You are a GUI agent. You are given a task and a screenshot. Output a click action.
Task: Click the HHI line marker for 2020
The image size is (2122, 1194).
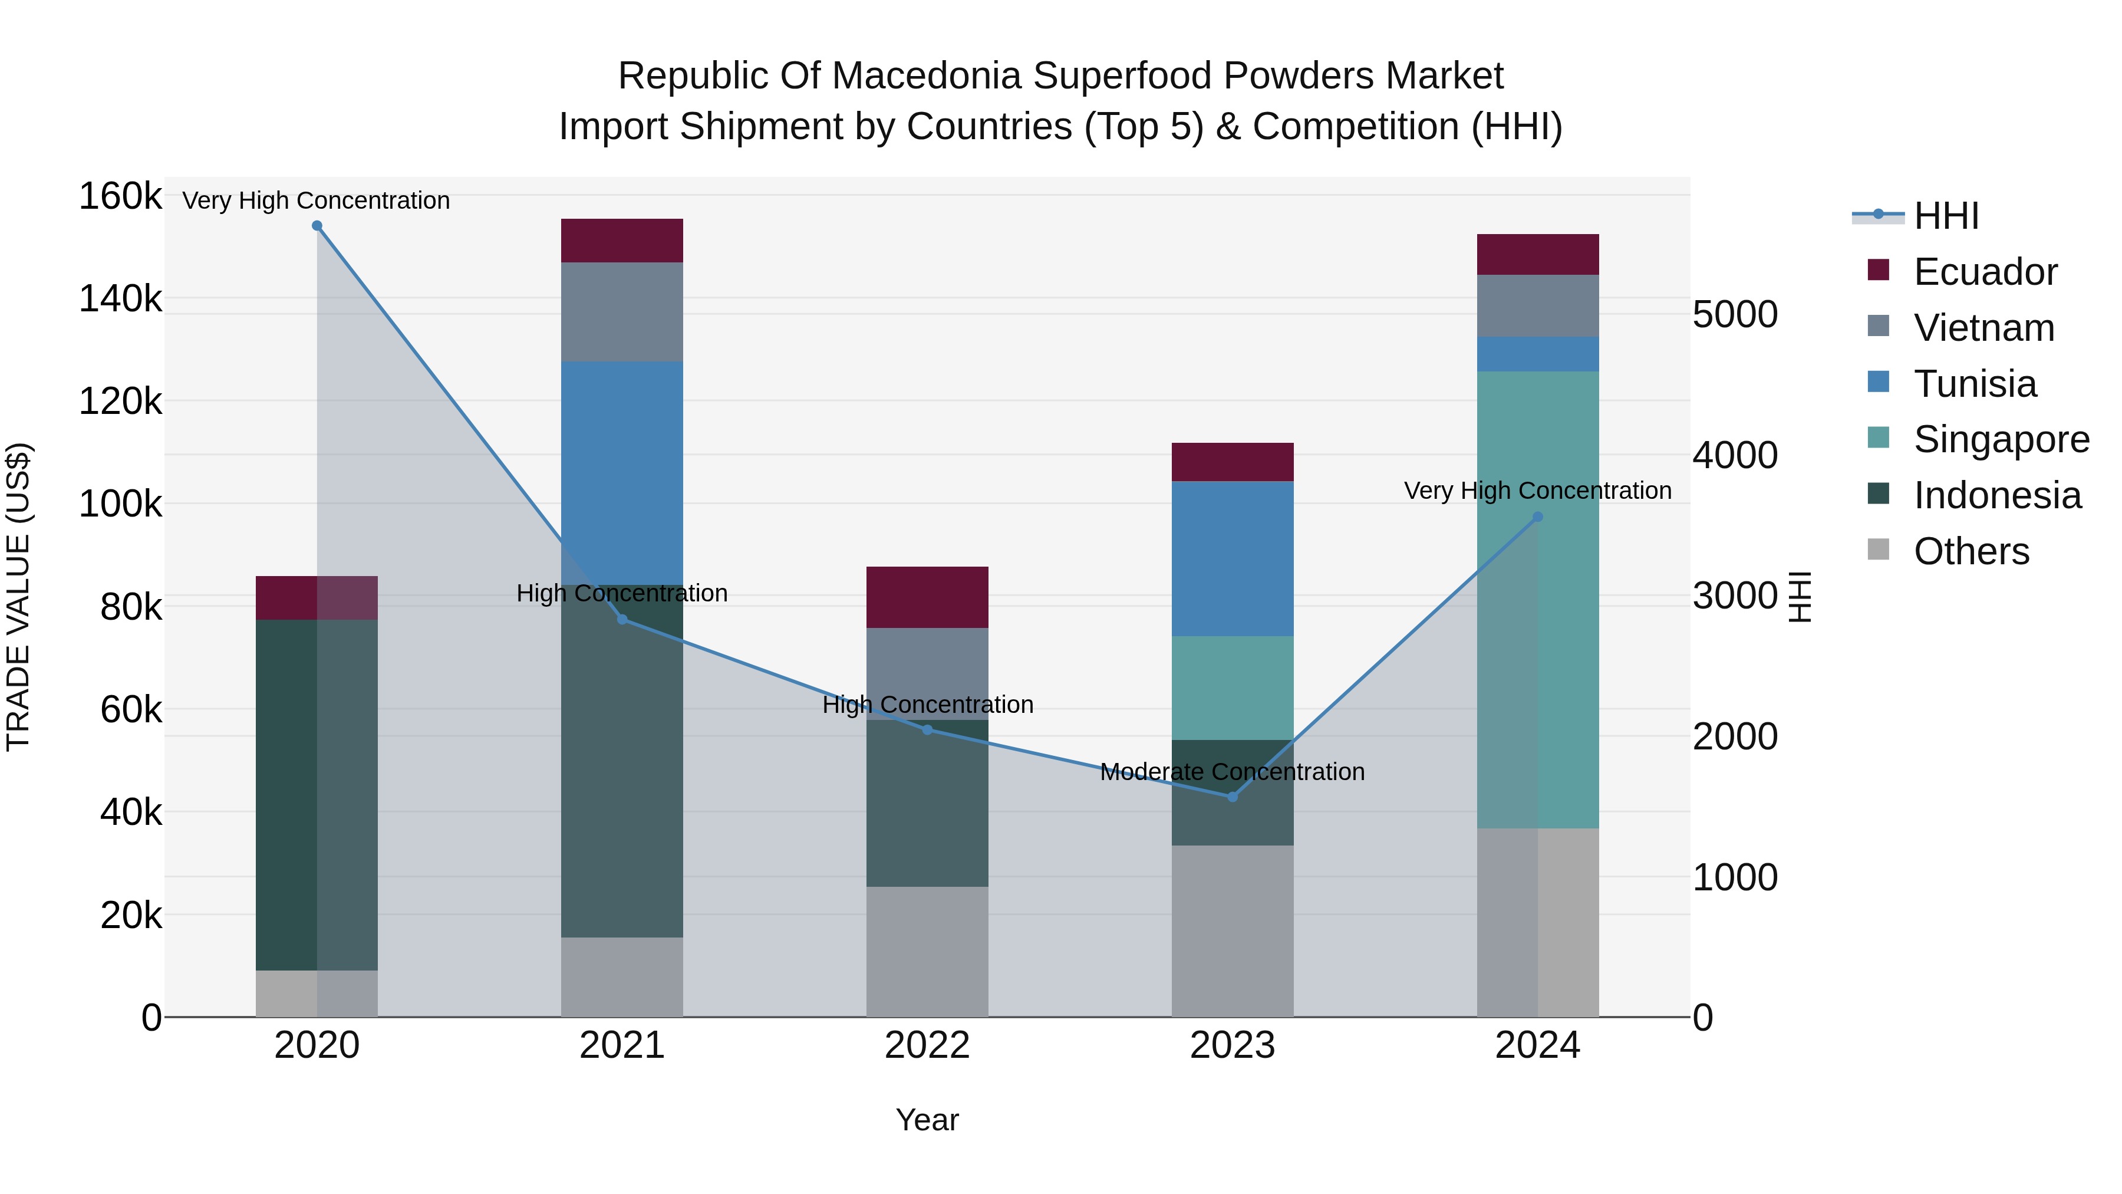coord(317,226)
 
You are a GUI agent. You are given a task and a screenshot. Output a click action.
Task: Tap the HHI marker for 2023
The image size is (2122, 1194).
coord(1233,797)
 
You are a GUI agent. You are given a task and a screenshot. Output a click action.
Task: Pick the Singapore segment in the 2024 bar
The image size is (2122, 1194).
coord(1537,599)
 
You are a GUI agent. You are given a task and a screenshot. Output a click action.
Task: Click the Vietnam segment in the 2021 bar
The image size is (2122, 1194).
coord(622,311)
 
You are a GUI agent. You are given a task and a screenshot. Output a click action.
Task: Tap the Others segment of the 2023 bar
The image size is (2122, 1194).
coord(1233,931)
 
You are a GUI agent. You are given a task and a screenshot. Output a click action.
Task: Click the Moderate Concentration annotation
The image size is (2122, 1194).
coord(1233,772)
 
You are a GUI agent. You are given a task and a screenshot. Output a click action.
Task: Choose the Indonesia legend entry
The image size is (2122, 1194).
coord(1997,495)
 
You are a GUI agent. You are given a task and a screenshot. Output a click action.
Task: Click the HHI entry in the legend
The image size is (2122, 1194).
coord(1946,216)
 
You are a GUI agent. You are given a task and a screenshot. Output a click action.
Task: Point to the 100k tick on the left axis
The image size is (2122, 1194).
coord(120,504)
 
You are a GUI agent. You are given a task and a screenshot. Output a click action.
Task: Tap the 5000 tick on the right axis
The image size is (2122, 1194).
coord(1735,315)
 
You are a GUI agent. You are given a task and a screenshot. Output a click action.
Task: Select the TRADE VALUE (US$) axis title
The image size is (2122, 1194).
coord(18,597)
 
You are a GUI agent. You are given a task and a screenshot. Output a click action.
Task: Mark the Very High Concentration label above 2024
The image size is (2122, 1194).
coord(1537,491)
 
